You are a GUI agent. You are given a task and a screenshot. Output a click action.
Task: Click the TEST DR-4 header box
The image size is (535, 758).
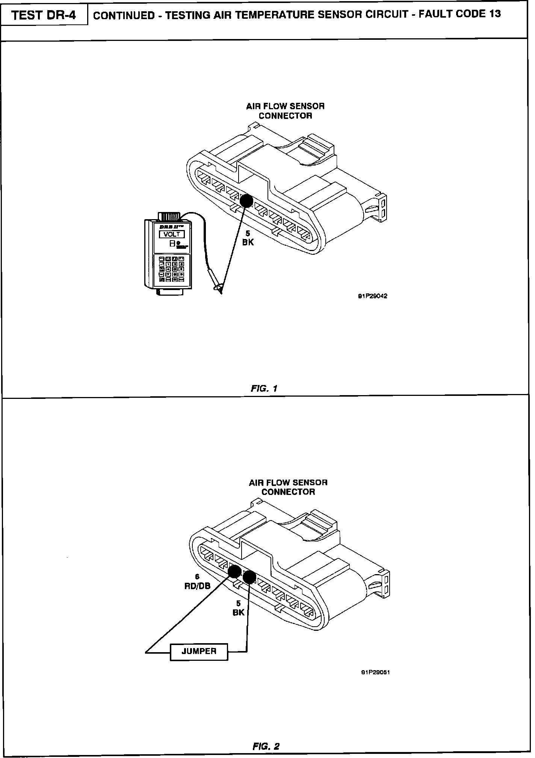point(44,15)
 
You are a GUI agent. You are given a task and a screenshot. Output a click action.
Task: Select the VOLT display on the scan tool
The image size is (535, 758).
point(172,234)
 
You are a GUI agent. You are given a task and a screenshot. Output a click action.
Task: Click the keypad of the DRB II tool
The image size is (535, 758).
point(172,269)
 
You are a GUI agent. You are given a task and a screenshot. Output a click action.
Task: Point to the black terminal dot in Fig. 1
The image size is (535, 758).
point(246,201)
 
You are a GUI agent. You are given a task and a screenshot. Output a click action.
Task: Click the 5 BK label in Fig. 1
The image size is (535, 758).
point(248,238)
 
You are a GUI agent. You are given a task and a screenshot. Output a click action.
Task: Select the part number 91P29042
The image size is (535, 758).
point(372,296)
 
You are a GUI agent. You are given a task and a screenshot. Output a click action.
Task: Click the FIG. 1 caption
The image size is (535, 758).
point(264,388)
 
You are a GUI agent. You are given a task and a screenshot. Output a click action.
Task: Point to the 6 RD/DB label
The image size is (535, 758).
point(197,581)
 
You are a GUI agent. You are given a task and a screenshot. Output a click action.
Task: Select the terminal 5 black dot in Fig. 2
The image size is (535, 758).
point(249,577)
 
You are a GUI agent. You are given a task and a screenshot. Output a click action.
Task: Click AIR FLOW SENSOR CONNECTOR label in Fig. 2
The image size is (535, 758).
point(288,487)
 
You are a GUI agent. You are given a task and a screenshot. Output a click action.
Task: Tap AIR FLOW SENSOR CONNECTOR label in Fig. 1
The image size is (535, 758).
point(286,111)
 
